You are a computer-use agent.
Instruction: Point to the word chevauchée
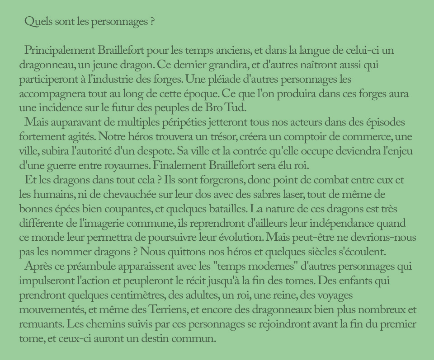point(117,195)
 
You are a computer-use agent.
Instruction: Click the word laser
point(281,195)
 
